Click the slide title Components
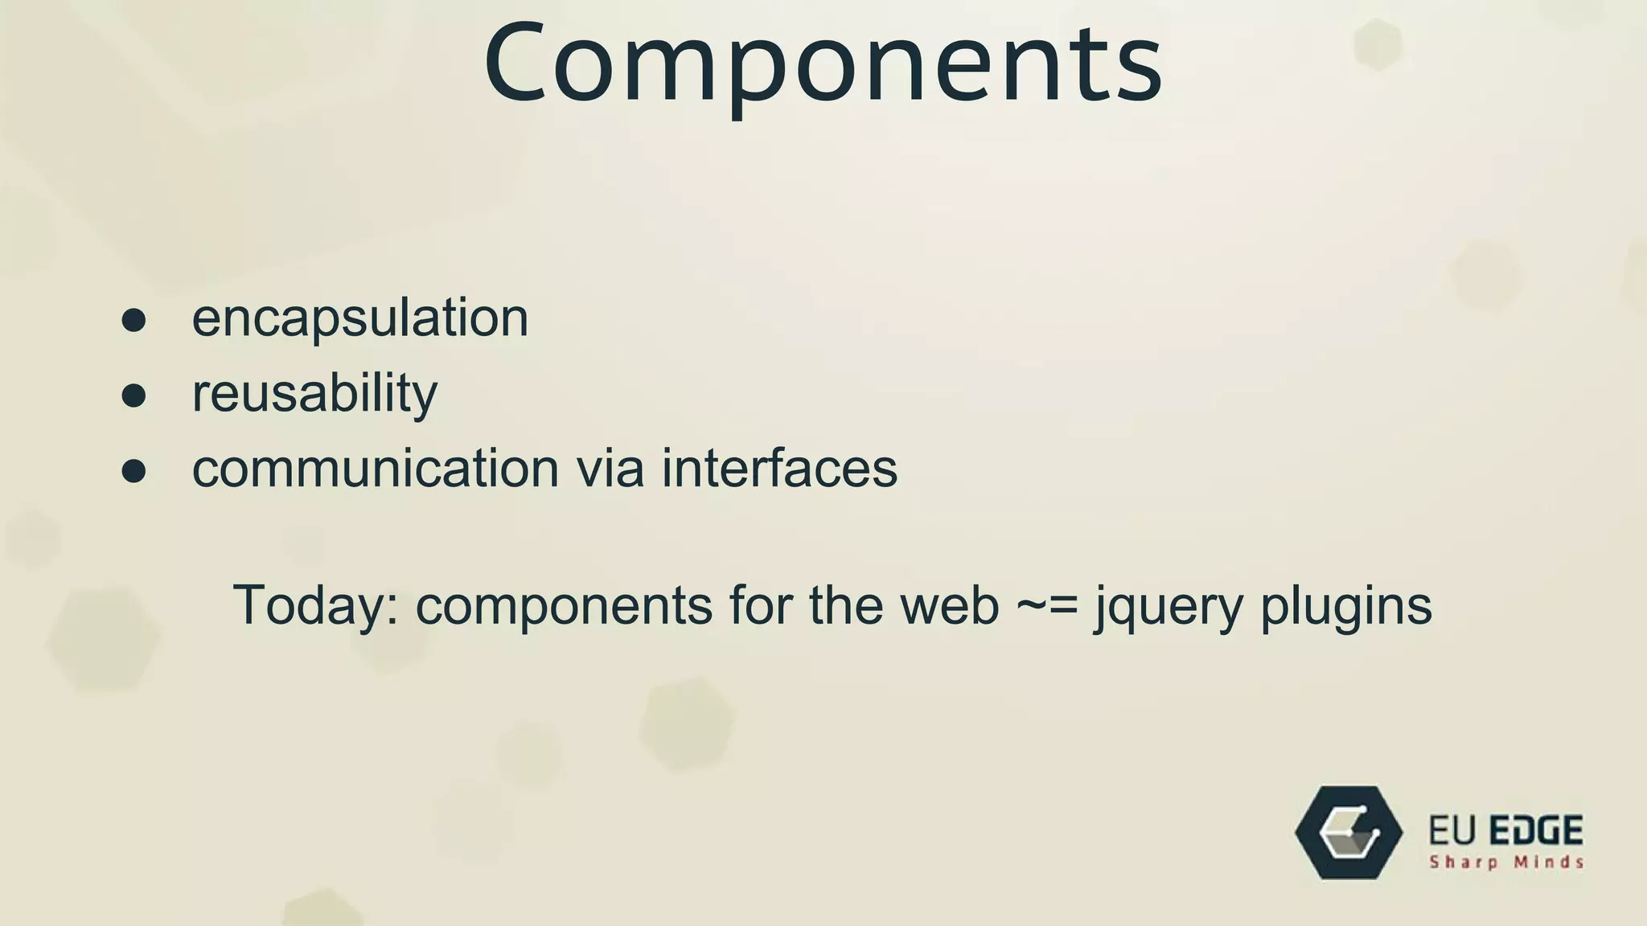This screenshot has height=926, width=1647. (823, 64)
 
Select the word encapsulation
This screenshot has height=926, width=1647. (359, 318)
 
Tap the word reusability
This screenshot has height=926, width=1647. (314, 393)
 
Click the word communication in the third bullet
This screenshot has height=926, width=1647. (375, 468)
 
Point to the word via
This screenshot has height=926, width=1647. (610, 468)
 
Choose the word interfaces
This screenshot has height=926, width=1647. (778, 468)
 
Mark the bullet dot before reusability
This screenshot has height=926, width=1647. (133, 395)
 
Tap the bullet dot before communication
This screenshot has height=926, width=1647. (133, 471)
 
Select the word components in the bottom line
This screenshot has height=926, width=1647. (564, 605)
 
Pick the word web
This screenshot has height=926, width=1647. (949, 605)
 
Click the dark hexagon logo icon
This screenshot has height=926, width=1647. (1349, 833)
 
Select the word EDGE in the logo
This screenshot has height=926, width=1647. (1536, 830)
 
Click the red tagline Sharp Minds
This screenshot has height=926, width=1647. (1506, 862)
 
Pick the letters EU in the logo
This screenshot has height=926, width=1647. (1452, 830)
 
